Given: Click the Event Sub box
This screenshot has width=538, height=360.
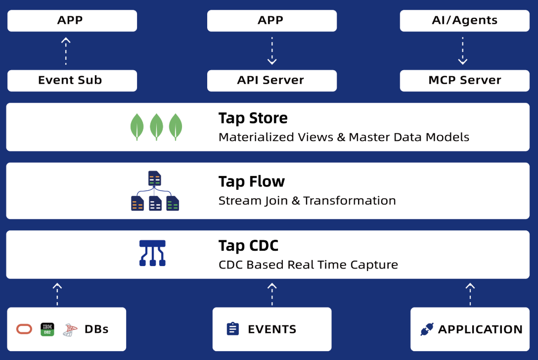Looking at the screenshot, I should (x=72, y=80).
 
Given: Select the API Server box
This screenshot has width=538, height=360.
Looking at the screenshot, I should (x=271, y=80).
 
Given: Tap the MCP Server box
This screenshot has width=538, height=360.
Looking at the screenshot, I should (x=464, y=80).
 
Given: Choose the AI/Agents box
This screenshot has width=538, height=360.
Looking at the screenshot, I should (x=464, y=21).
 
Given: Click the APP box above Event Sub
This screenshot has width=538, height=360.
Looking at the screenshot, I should (x=72, y=21).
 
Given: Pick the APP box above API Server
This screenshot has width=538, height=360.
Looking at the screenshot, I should (x=271, y=21).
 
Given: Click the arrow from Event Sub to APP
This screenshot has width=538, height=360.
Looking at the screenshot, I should (x=65, y=51).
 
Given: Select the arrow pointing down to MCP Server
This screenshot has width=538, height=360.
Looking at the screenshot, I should (x=462, y=51).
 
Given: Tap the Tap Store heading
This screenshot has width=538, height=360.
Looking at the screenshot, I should (x=253, y=118).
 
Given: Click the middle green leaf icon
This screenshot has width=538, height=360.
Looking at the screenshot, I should (x=156, y=127).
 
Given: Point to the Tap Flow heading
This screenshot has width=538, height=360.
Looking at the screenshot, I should (x=251, y=181).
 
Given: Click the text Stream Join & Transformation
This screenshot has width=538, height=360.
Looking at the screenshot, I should (x=307, y=200).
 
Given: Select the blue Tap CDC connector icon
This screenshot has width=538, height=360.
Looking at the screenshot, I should (x=152, y=253).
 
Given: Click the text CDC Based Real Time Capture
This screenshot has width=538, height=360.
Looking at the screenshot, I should (x=308, y=265).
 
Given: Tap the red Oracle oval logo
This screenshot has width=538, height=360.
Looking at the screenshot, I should (x=24, y=329).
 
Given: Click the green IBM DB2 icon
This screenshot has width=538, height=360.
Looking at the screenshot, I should (x=47, y=329).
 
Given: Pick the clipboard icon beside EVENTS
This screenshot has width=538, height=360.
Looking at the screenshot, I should (x=232, y=329).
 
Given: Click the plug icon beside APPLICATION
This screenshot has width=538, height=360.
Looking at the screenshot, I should (x=426, y=329).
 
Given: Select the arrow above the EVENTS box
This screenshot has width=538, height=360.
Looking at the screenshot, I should (x=271, y=294).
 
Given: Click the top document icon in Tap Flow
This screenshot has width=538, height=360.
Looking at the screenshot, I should (x=155, y=179).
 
